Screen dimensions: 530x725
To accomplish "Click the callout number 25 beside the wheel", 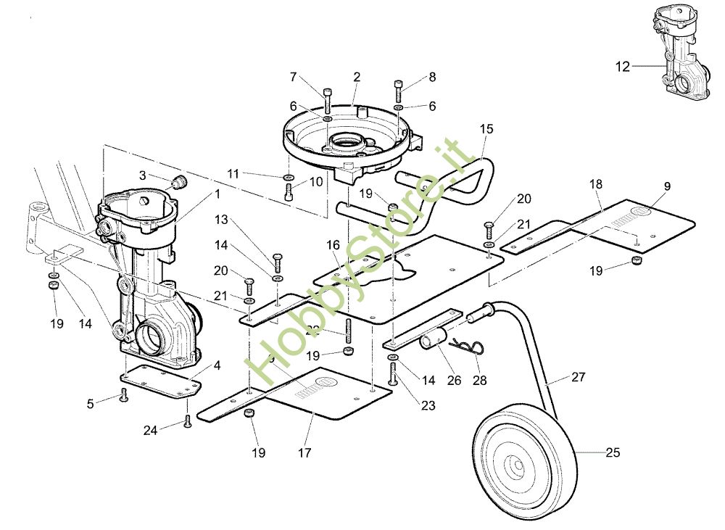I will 613,453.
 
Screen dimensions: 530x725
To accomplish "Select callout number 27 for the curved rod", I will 578,377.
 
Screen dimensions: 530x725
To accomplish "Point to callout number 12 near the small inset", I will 623,67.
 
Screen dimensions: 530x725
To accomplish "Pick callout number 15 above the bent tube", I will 486,129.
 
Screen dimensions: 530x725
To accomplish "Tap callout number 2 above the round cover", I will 357,77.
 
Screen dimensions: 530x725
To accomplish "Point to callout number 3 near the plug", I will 143,175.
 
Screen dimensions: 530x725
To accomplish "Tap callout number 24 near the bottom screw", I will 150,430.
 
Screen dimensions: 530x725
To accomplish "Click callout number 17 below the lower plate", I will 304,453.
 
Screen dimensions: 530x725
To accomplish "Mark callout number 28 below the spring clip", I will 480,379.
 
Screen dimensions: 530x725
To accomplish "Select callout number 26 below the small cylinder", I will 454,379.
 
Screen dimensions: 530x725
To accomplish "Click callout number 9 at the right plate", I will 666,186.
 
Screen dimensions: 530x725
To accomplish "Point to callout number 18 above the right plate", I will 596,186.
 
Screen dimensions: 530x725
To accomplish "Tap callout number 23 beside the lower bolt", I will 428,406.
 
